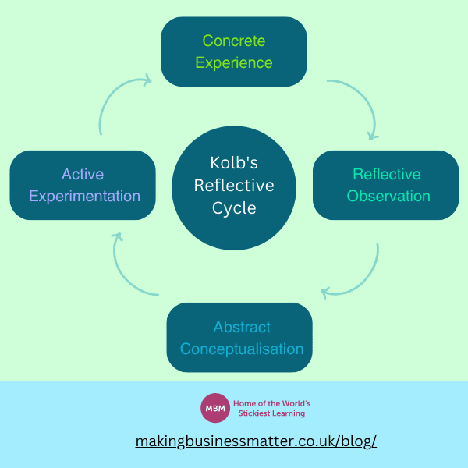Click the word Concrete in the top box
(x=234, y=41)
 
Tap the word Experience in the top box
(x=234, y=62)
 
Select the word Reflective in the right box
(x=386, y=174)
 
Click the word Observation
(x=388, y=196)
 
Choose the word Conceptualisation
(x=241, y=349)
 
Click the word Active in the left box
(x=83, y=174)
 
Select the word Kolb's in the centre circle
(x=233, y=163)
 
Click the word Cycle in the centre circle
(x=233, y=208)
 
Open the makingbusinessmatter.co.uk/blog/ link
(x=256, y=441)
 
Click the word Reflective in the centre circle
(x=233, y=186)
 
